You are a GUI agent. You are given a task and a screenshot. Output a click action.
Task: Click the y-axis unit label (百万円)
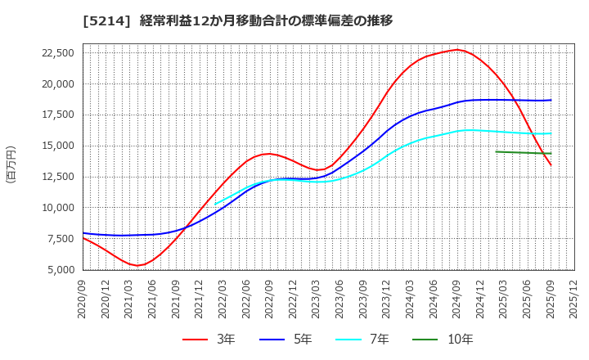tap(11, 164)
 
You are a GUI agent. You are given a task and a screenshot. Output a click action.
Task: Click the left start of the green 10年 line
tap(496, 151)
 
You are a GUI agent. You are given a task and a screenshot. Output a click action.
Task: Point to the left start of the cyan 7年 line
tap(215, 204)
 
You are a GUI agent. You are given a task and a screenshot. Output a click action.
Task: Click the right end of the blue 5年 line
tap(551, 100)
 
